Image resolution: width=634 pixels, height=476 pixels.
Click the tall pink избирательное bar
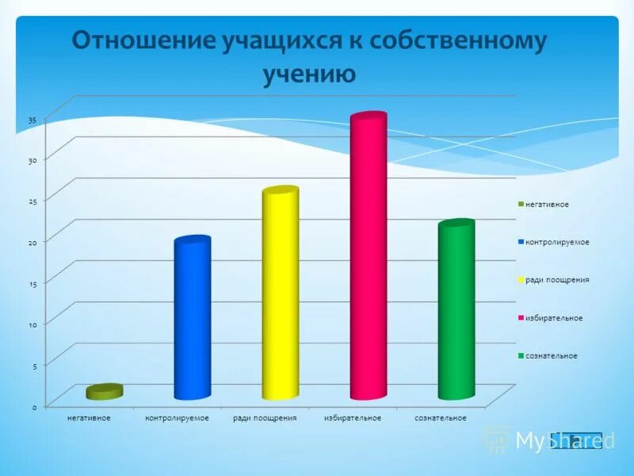coord(368,258)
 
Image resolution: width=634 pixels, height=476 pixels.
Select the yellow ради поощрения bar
coord(280,294)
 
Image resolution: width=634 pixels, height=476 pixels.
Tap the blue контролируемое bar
coord(193,317)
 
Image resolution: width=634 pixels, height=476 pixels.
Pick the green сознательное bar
coord(456,309)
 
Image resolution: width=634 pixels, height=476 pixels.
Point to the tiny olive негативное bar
coord(105,391)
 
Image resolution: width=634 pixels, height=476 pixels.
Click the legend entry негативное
coord(547,204)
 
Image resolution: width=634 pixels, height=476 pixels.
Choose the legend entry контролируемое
coord(556,242)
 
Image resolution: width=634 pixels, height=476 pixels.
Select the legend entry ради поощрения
coord(556,280)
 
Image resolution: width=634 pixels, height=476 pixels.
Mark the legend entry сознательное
coord(551,355)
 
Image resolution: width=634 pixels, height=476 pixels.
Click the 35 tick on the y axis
coord(32,120)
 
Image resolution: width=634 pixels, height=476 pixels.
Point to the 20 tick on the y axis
coord(32,243)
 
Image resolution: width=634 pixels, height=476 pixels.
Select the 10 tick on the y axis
coord(33,324)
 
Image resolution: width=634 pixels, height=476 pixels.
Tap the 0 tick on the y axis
coord(35,406)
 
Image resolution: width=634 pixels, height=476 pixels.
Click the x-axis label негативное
coord(89,417)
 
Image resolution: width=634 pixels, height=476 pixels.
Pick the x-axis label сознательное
coord(441,417)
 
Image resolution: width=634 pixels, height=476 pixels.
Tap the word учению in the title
coord(309,74)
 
